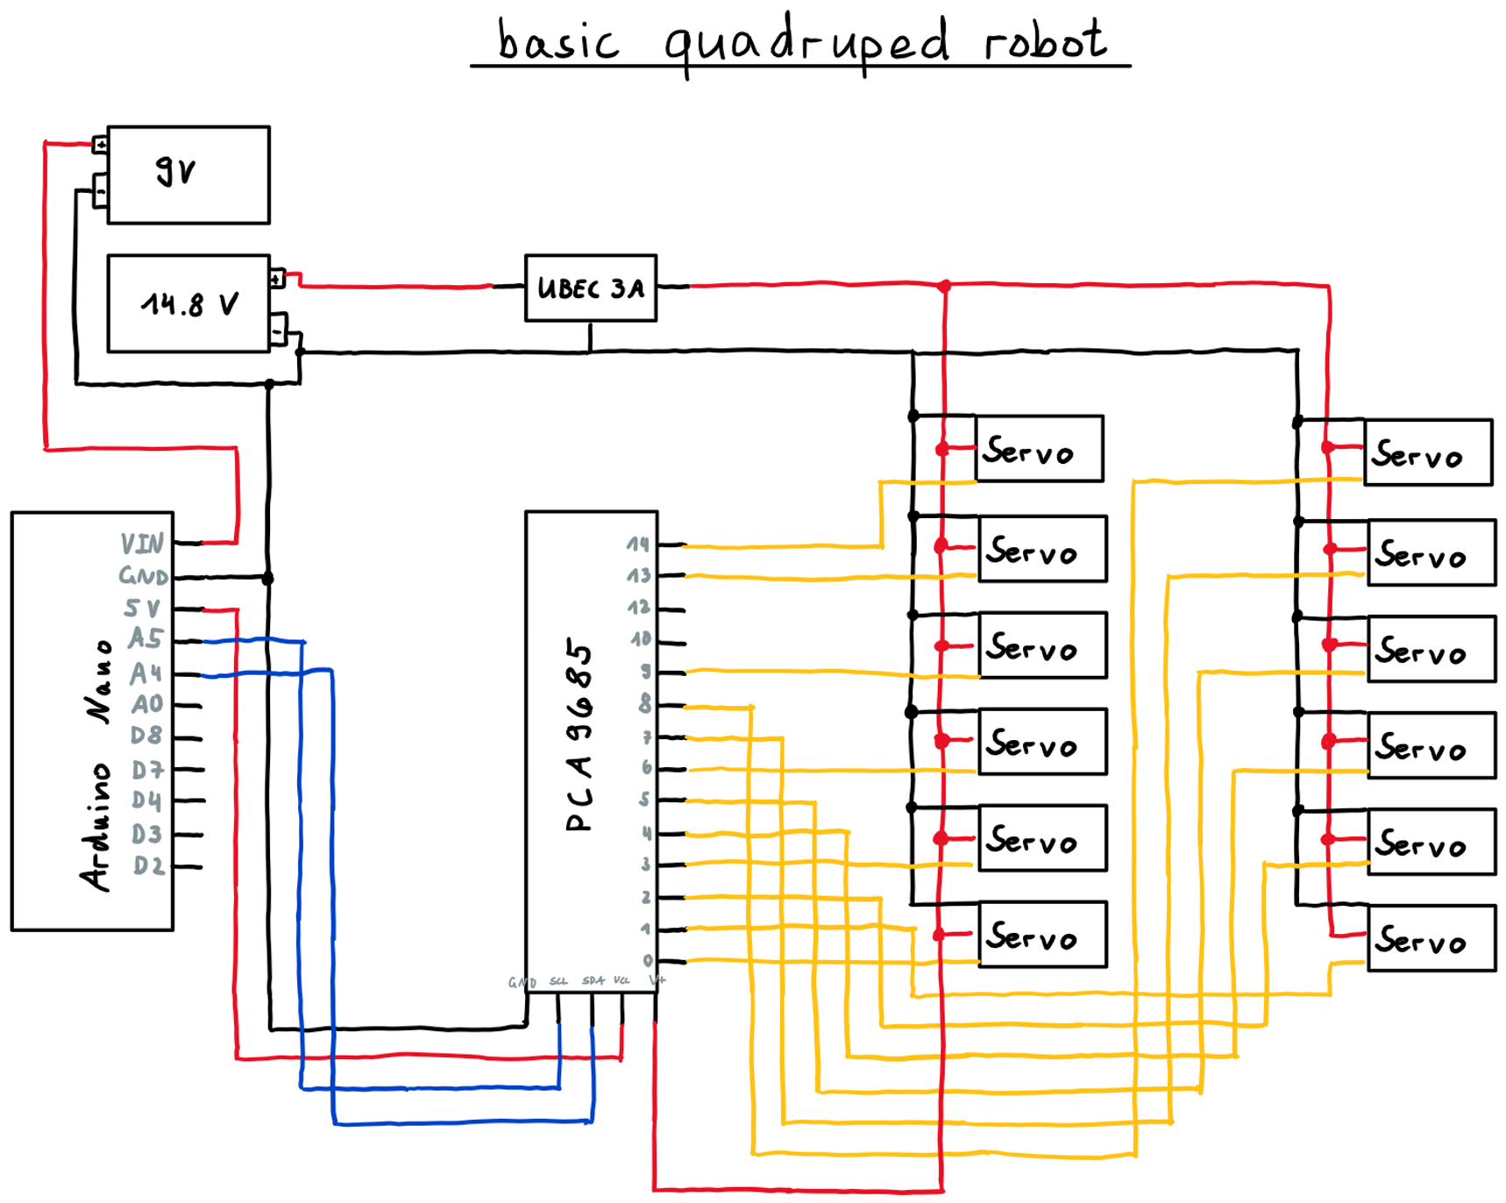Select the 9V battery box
pyautogui.click(x=188, y=174)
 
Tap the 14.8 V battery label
pyautogui.click(x=189, y=304)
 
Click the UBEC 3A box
pyautogui.click(x=590, y=288)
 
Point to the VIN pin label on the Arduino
pyautogui.click(x=142, y=545)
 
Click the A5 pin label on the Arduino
pyautogui.click(x=146, y=638)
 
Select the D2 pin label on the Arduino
pyautogui.click(x=148, y=866)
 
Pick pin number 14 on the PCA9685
pyautogui.click(x=638, y=545)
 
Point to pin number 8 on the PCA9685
pyautogui.click(x=645, y=704)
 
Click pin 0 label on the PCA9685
pyautogui.click(x=648, y=960)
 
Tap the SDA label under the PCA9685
pyautogui.click(x=593, y=980)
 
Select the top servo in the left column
pyautogui.click(x=1039, y=449)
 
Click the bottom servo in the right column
pyautogui.click(x=1431, y=938)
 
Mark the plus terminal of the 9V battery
pyautogui.click(x=101, y=144)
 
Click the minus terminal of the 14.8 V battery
pyautogui.click(x=278, y=331)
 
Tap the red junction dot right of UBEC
pyautogui.click(x=944, y=287)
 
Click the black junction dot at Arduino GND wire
pyautogui.click(x=268, y=579)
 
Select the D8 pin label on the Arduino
pyautogui.click(x=146, y=735)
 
